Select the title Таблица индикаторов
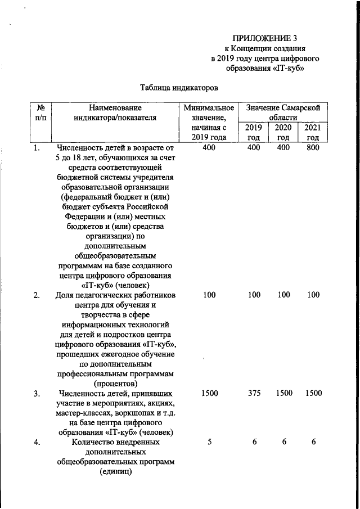coord(178,87)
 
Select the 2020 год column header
coord(283,132)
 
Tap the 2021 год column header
coord(313,132)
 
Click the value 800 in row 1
coord(313,147)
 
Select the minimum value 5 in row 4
coord(209,443)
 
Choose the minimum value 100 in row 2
coord(209,295)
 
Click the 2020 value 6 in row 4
coord(284,443)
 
